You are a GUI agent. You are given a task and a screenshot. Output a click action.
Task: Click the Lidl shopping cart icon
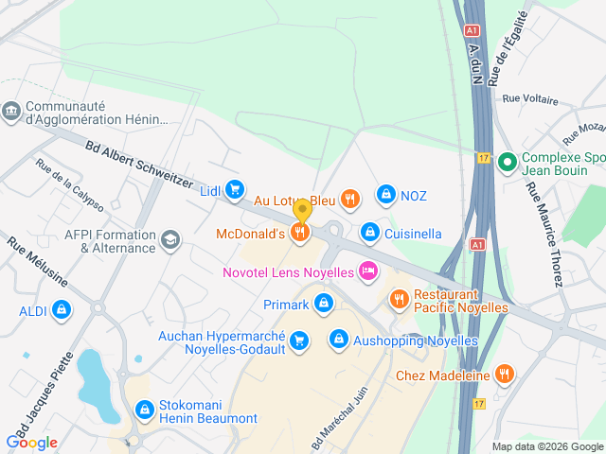(x=235, y=191)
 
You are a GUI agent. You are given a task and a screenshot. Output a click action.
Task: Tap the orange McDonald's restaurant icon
(x=301, y=232)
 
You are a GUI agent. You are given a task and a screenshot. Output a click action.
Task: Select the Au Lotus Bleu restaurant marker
(x=350, y=199)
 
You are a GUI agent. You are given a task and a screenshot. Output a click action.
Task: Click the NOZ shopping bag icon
(x=385, y=195)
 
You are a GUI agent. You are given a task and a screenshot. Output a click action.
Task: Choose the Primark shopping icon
(x=324, y=304)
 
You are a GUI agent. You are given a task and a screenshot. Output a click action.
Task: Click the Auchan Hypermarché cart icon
(x=299, y=340)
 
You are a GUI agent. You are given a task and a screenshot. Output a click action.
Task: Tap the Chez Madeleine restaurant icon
(x=505, y=375)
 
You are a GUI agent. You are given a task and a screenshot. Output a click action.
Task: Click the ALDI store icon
(x=62, y=309)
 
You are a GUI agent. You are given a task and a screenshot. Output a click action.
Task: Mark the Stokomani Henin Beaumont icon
(x=145, y=410)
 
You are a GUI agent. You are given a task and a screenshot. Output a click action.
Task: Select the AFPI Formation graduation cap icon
(x=170, y=239)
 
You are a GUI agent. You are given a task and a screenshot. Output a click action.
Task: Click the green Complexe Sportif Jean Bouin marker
(x=507, y=164)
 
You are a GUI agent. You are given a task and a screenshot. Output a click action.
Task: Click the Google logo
(x=31, y=442)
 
